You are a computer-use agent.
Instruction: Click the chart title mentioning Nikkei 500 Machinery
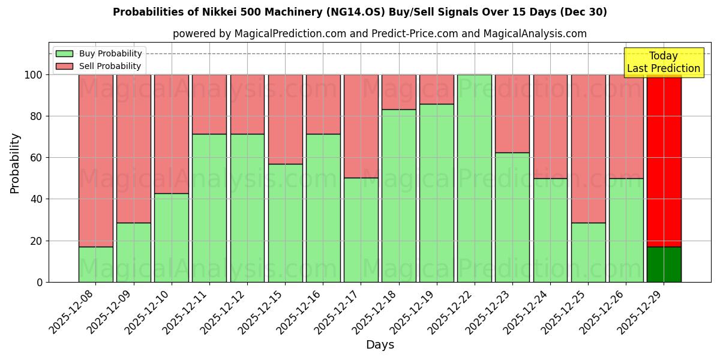click(359, 12)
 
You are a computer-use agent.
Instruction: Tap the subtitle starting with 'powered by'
click(379, 34)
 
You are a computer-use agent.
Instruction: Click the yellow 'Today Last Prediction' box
click(663, 62)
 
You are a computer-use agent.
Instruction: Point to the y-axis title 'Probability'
click(15, 163)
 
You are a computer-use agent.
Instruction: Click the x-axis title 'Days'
click(380, 345)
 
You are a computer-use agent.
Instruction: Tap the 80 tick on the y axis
click(36, 116)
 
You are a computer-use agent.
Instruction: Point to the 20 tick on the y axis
click(36, 241)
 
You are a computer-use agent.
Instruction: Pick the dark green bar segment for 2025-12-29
click(664, 264)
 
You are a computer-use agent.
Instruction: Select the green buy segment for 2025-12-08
click(95, 264)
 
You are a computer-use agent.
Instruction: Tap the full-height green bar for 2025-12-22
click(474, 178)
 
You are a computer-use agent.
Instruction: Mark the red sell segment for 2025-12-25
click(588, 148)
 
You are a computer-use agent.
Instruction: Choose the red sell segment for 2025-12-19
click(436, 89)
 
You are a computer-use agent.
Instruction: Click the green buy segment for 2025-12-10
click(171, 238)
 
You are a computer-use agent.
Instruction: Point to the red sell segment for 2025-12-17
click(361, 126)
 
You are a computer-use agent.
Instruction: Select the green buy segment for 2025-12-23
click(512, 217)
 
